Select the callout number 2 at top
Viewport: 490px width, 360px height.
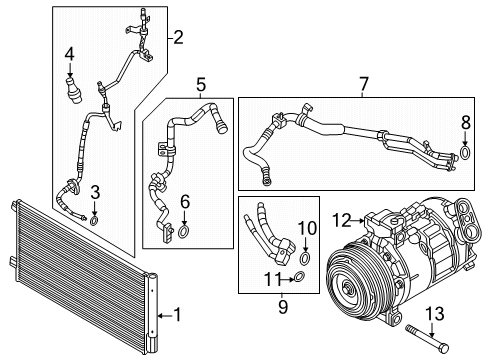[x=179, y=38]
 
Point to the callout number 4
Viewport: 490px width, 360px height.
[x=69, y=53]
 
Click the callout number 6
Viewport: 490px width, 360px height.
[x=184, y=202]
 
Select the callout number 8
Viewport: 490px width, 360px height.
[x=463, y=123]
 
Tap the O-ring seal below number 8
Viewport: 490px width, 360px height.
[x=463, y=153]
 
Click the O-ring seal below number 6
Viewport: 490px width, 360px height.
[x=184, y=232]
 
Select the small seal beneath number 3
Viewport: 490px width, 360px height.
[x=93, y=218]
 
